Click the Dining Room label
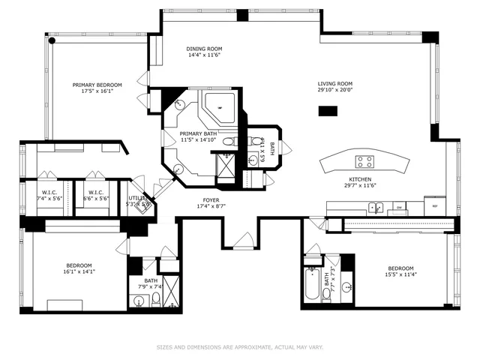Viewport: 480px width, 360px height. click(x=202, y=49)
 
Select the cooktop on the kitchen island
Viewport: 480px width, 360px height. click(x=365, y=160)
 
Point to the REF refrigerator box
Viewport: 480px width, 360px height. click(x=433, y=205)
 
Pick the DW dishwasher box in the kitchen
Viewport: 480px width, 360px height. click(x=400, y=206)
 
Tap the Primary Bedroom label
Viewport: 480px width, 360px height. click(x=97, y=85)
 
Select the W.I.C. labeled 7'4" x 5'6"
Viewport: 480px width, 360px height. click(x=50, y=193)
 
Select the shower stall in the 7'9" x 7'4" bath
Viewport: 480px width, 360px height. click(x=170, y=289)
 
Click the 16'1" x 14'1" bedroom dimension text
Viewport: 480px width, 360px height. click(x=79, y=272)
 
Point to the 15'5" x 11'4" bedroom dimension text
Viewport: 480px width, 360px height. click(x=400, y=275)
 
